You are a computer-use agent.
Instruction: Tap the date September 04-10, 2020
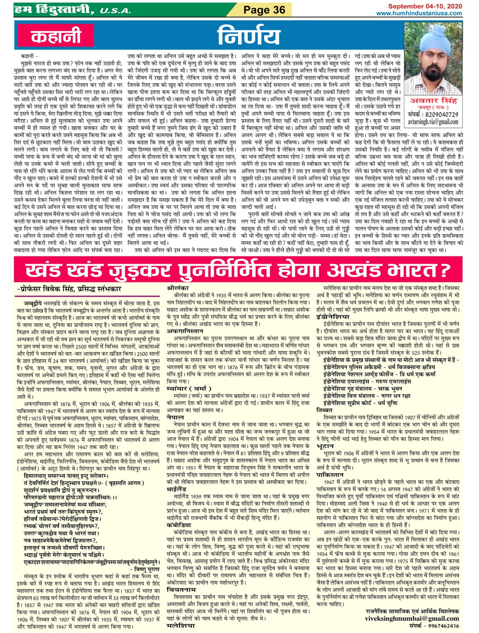(x=425, y=6)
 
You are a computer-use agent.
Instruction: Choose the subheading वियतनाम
(x=181, y=589)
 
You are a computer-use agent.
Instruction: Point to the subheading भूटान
(x=325, y=446)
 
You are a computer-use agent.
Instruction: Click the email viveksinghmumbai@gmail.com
(x=412, y=619)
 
